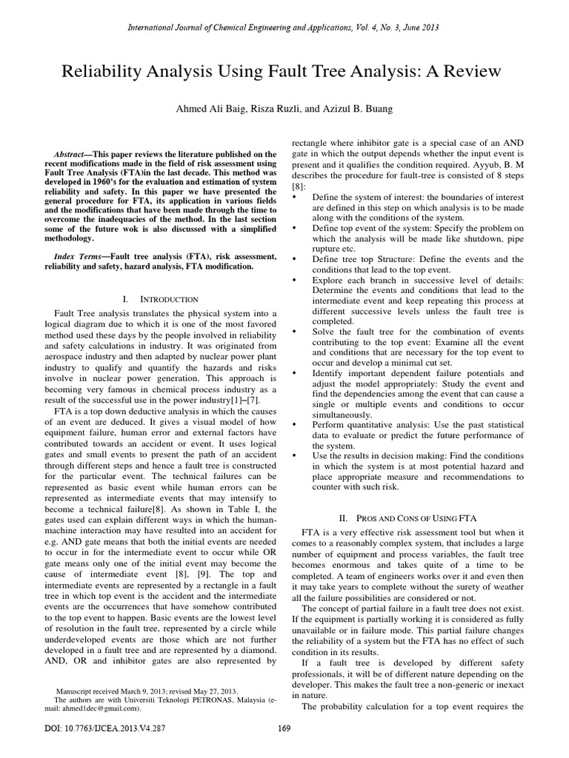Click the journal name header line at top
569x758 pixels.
point(284,27)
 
